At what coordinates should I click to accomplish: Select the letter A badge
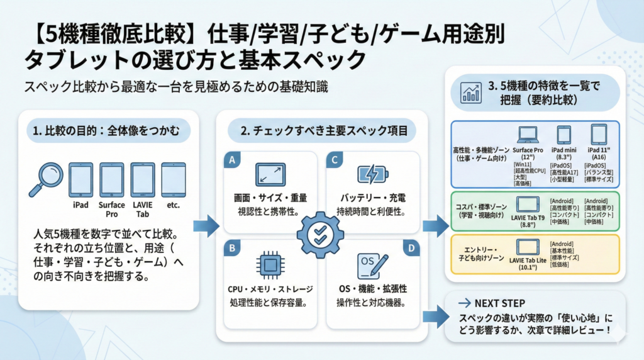(x=232, y=160)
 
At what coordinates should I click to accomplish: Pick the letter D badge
(x=412, y=248)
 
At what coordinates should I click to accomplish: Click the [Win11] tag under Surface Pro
(x=523, y=164)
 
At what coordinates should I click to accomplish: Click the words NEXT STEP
(x=499, y=303)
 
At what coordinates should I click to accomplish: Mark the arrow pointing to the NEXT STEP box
(x=432, y=315)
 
